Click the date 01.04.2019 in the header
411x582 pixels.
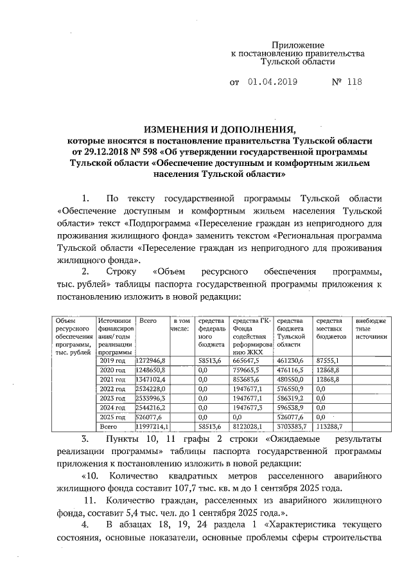272,82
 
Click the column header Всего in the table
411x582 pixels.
148,320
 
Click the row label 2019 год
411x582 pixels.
112,361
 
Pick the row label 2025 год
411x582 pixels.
112,417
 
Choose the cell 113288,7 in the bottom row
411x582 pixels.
329,426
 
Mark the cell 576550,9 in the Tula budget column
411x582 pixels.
291,389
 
